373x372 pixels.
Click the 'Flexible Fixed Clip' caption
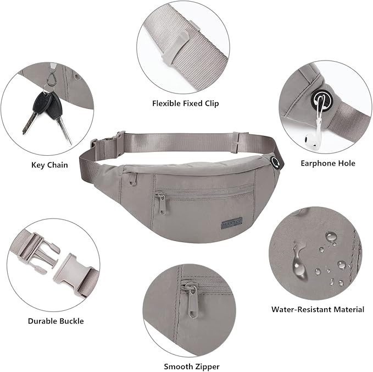tap(185, 103)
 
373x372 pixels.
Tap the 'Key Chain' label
tap(49, 165)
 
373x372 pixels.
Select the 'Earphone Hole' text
tap(328, 163)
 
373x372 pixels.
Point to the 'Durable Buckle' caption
tap(55, 321)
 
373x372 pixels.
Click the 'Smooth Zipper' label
tap(192, 366)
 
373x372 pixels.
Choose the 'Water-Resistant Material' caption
tap(318, 309)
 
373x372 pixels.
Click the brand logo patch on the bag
tap(232, 223)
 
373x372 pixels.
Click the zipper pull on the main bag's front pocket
tap(162, 203)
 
